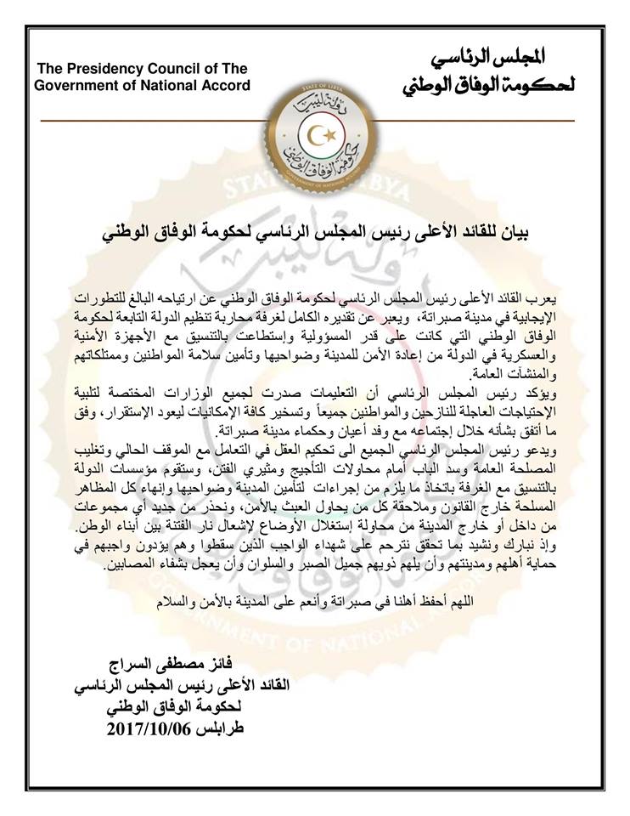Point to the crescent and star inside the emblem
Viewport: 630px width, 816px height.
tap(314, 134)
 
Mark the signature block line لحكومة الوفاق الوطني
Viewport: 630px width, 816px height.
tap(176, 706)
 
